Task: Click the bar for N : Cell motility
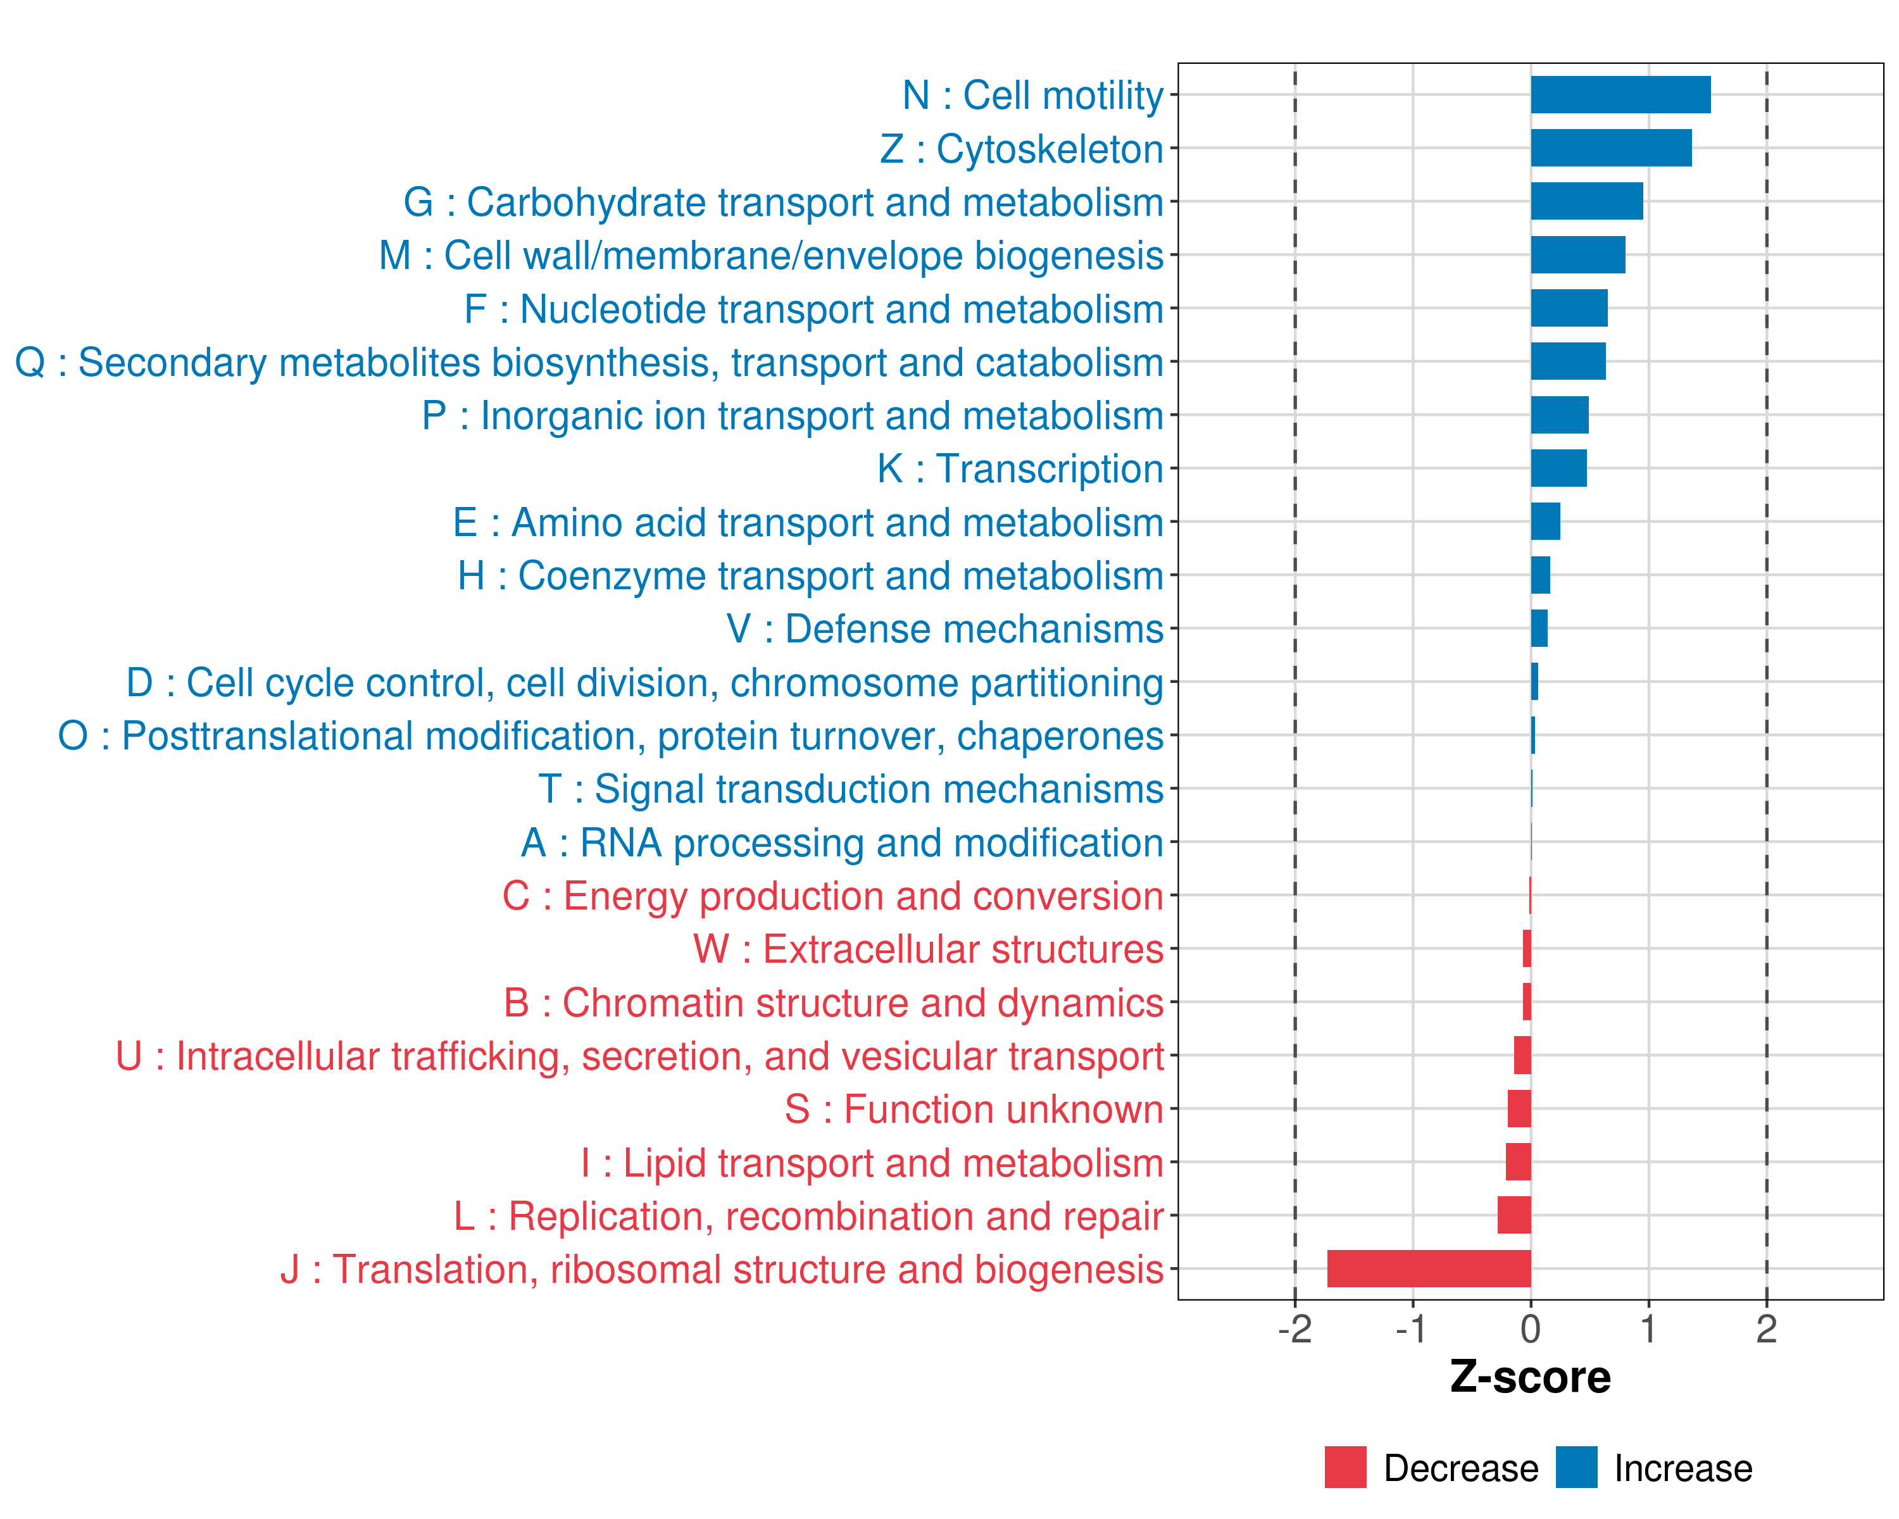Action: [1620, 95]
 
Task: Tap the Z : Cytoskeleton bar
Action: [1610, 148]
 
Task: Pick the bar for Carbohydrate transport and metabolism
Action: [1586, 202]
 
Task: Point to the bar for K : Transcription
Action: [1558, 468]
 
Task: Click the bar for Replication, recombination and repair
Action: [1514, 1215]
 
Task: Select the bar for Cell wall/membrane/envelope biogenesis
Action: [1577, 255]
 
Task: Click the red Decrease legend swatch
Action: [1345, 1467]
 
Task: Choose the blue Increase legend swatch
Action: [1576, 1467]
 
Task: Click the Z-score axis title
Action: [1530, 1377]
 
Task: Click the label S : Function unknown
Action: [974, 1110]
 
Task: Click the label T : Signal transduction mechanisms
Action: [851, 790]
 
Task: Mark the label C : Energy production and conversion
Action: [833, 896]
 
